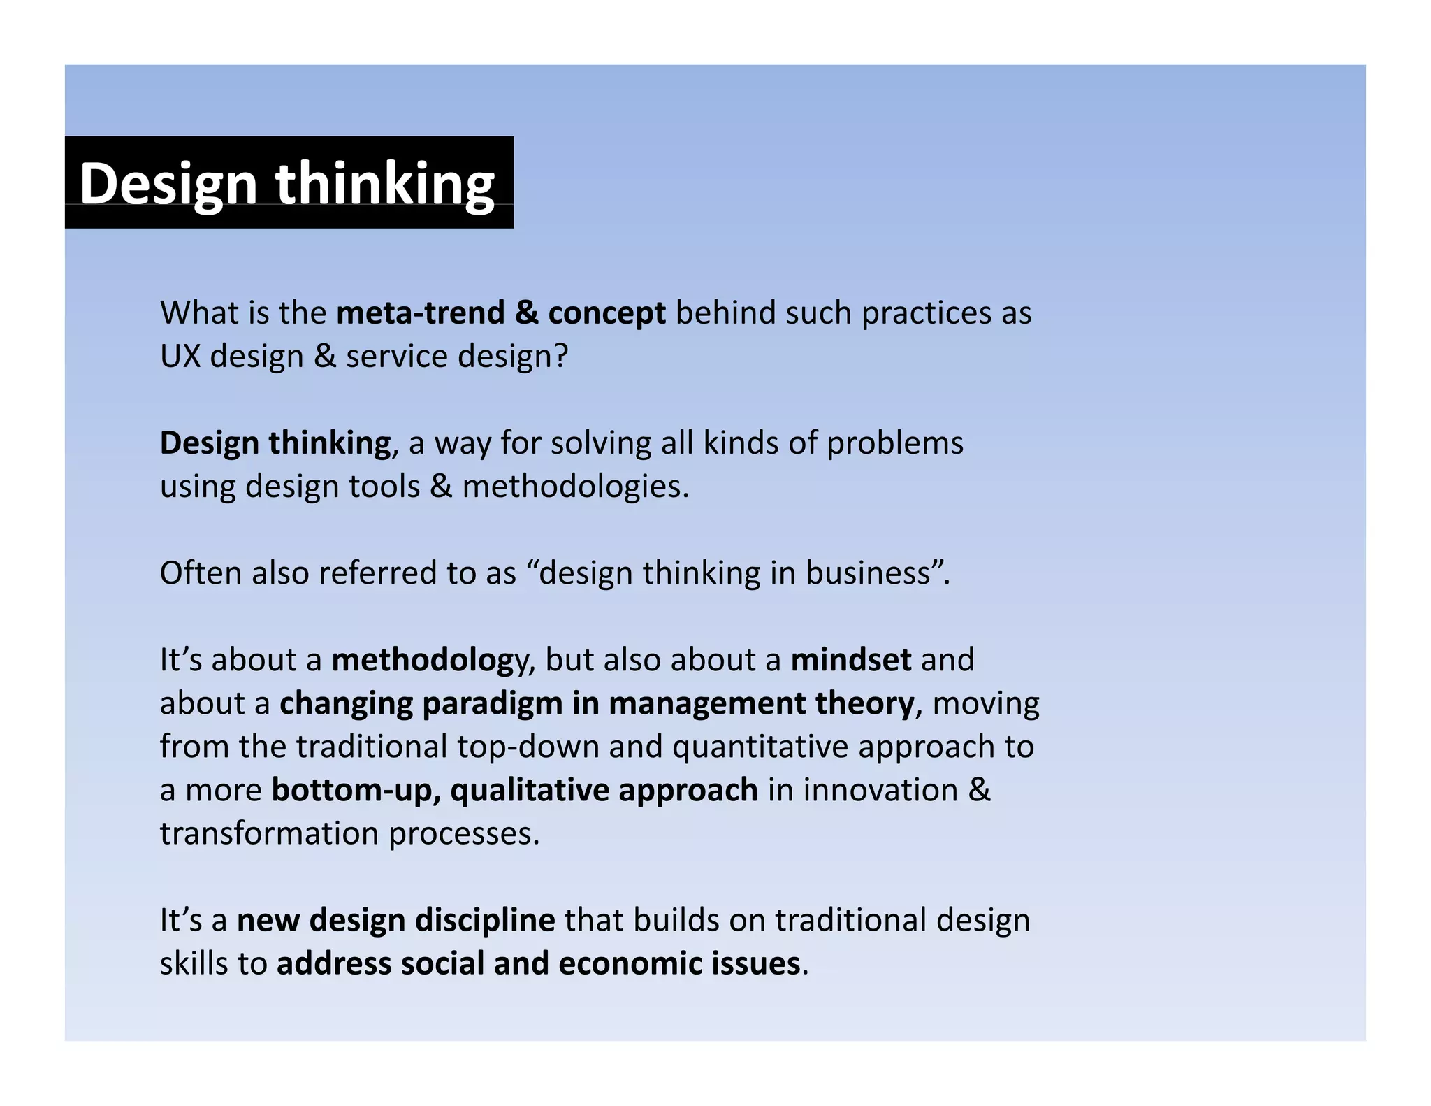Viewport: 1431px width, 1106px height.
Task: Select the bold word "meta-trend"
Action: [420, 313]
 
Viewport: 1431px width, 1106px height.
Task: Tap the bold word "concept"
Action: [606, 313]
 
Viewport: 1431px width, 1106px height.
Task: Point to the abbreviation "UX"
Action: [180, 357]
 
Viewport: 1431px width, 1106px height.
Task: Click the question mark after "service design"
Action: [561, 357]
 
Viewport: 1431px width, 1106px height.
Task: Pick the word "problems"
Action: [895, 443]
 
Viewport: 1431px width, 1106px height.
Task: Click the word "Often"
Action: [201, 573]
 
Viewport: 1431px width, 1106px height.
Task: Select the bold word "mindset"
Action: [850, 660]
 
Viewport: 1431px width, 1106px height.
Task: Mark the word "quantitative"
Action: [760, 747]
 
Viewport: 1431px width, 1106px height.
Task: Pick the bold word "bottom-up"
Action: [355, 790]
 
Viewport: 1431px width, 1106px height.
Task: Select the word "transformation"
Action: [270, 833]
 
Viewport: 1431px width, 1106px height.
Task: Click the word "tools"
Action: [384, 487]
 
